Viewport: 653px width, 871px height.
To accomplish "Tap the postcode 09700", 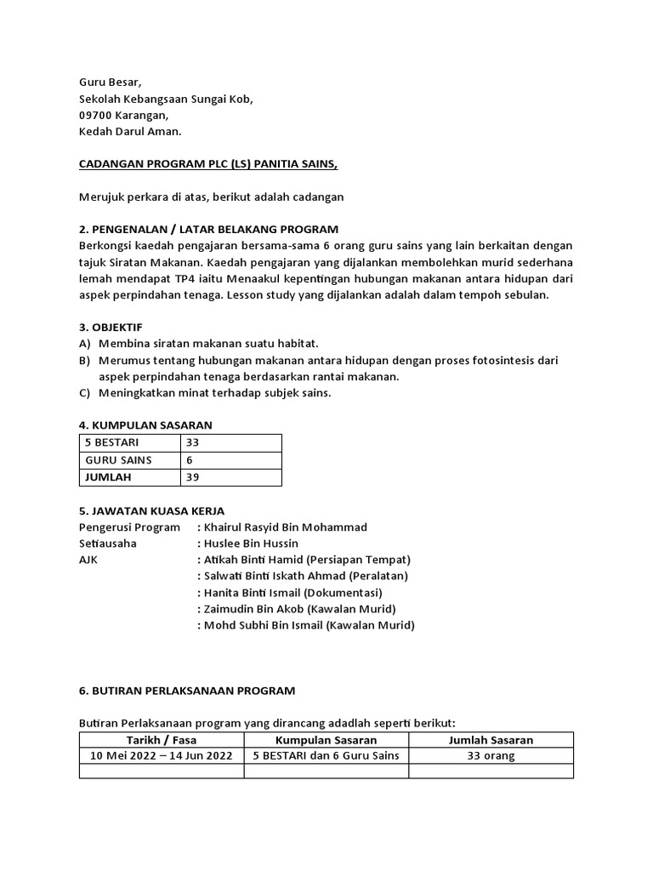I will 97,115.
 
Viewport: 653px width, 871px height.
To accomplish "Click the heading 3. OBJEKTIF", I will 111,327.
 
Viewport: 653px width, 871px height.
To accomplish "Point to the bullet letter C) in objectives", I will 84,392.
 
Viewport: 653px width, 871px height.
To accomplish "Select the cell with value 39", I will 193,477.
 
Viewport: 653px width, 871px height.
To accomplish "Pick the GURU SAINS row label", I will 118,460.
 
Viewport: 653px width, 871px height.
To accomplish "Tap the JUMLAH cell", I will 108,477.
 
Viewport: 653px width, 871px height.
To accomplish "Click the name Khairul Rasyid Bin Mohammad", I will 286,527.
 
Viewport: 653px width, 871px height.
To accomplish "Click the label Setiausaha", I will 108,544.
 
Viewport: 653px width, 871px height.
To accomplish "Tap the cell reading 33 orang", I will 490,756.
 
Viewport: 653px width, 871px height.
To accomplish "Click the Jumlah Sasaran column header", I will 491,740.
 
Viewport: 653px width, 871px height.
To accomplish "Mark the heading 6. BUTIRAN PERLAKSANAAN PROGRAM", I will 187,691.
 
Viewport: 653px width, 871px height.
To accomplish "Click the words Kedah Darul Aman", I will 130,131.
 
